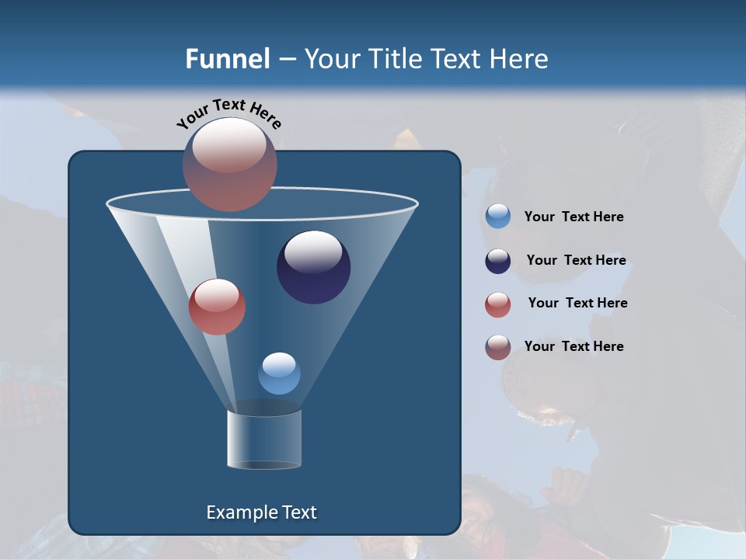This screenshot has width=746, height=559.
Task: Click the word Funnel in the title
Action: [228, 59]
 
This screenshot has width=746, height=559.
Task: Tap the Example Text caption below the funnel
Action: [262, 512]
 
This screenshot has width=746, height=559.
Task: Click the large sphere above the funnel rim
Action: [230, 165]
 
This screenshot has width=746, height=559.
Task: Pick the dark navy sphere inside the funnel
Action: [314, 267]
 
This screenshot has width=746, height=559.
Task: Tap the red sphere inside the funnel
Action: [217, 307]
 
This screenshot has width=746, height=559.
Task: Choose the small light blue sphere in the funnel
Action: [279, 373]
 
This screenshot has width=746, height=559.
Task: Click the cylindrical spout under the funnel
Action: [264, 439]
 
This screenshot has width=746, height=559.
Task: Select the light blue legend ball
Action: [498, 217]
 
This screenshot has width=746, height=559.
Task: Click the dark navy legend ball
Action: [498, 261]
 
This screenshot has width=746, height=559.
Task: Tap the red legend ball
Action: [498, 304]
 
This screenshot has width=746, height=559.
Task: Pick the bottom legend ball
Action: [498, 347]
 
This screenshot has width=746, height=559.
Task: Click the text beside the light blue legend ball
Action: [574, 217]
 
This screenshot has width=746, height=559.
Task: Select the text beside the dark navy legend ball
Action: [577, 261]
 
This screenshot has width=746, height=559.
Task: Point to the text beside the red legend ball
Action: [578, 304]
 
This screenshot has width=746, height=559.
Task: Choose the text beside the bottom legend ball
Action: [574, 347]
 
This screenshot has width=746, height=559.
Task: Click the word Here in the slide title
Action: [521, 59]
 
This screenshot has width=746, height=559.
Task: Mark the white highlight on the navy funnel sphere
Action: [313, 252]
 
